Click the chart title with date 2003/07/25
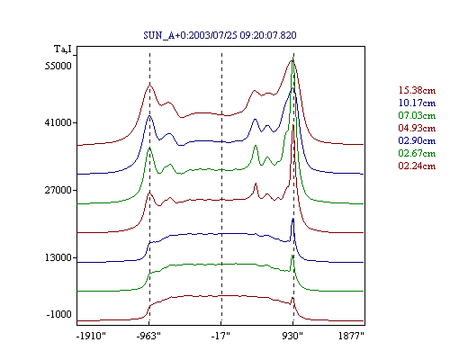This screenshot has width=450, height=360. (220, 35)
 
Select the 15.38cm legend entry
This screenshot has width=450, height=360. (417, 90)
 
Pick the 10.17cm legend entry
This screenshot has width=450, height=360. (417, 103)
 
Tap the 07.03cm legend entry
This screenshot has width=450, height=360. (417, 115)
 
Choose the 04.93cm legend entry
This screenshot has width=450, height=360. (417, 128)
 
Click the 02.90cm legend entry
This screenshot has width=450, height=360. (417, 140)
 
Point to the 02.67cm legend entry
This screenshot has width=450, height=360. (417, 153)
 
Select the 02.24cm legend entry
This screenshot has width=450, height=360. (417, 166)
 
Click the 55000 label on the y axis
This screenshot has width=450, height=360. (58, 66)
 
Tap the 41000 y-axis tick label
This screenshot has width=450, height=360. (58, 122)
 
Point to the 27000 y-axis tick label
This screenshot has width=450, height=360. (58, 190)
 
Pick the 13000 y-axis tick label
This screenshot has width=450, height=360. (58, 257)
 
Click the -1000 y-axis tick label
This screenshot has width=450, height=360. (59, 314)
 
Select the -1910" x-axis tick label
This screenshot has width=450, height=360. (91, 336)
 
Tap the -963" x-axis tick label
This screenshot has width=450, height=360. (148, 336)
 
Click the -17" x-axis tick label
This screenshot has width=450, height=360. (220, 336)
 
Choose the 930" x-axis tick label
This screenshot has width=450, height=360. (292, 336)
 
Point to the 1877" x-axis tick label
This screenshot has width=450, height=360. (351, 336)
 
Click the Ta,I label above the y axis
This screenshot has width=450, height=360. (63, 49)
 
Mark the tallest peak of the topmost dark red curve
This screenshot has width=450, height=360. (292, 60)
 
